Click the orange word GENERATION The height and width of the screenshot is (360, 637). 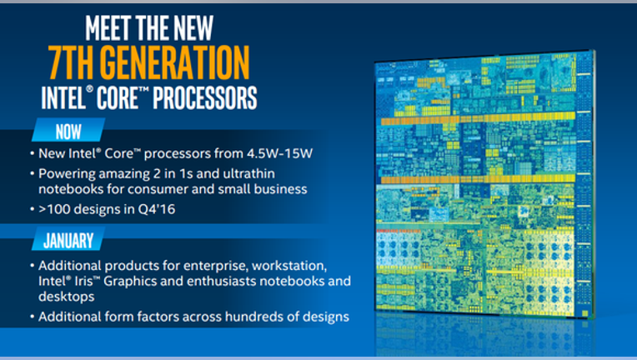click(175, 62)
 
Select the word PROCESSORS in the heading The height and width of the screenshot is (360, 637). click(205, 97)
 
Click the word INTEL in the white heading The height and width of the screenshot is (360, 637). click(63, 97)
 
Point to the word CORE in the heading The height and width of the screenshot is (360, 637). click(118, 97)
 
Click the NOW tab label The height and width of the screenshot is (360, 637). click(68, 132)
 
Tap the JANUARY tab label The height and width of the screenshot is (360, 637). click(68, 241)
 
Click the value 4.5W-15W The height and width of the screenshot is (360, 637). click(279, 153)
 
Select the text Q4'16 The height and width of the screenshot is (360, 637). click(157, 209)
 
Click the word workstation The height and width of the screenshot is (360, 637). click(289, 266)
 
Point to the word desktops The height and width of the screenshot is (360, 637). click(67, 297)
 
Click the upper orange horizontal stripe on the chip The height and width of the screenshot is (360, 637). click(478, 118)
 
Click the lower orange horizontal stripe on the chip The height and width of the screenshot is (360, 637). click(478, 179)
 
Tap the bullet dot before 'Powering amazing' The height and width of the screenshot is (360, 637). click(32, 174)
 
